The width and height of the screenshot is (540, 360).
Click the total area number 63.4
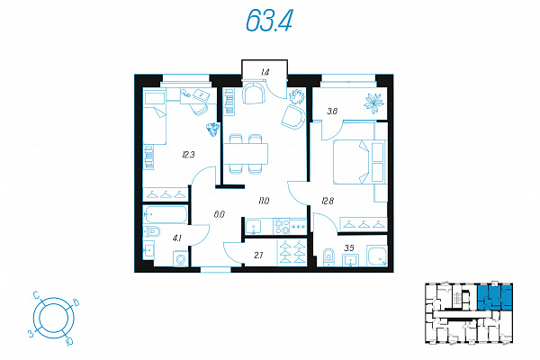pyautogui.click(x=269, y=21)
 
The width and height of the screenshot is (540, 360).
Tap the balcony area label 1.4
pyautogui.click(x=265, y=72)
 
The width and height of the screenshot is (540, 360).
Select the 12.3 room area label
pyautogui.click(x=188, y=155)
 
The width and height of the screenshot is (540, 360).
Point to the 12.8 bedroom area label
pyautogui.click(x=328, y=201)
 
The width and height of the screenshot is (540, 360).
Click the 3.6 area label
pyautogui.click(x=332, y=112)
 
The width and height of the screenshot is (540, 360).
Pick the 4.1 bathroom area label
pyautogui.click(x=177, y=238)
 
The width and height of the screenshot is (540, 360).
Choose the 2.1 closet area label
pyautogui.click(x=258, y=256)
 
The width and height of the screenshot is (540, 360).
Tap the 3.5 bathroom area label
pyautogui.click(x=349, y=247)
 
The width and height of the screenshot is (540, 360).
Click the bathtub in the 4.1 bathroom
pyautogui.click(x=165, y=214)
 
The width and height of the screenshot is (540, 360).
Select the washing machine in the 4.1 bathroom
pyautogui.click(x=181, y=258)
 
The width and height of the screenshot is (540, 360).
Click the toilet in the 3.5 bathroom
pyautogui.click(x=328, y=257)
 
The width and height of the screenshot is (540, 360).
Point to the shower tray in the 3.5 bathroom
pyautogui.click(x=377, y=256)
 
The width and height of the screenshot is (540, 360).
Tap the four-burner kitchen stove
pyautogui.click(x=282, y=227)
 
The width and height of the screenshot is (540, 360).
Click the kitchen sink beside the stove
pyautogui.click(x=254, y=227)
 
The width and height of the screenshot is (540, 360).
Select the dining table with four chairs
pyautogui.click(x=245, y=154)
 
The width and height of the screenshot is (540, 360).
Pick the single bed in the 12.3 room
pyautogui.click(x=155, y=118)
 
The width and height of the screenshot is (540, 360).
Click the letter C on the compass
pyautogui.click(x=36, y=295)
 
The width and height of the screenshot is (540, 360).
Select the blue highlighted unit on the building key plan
pyautogui.click(x=494, y=297)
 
